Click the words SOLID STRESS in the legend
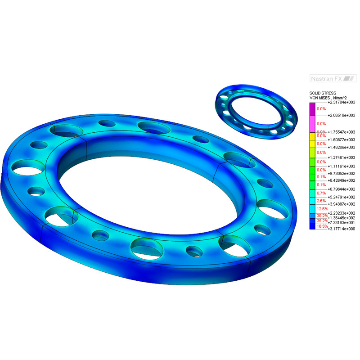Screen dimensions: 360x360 click(323, 93)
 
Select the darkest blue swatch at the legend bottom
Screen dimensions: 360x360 click(312, 226)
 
